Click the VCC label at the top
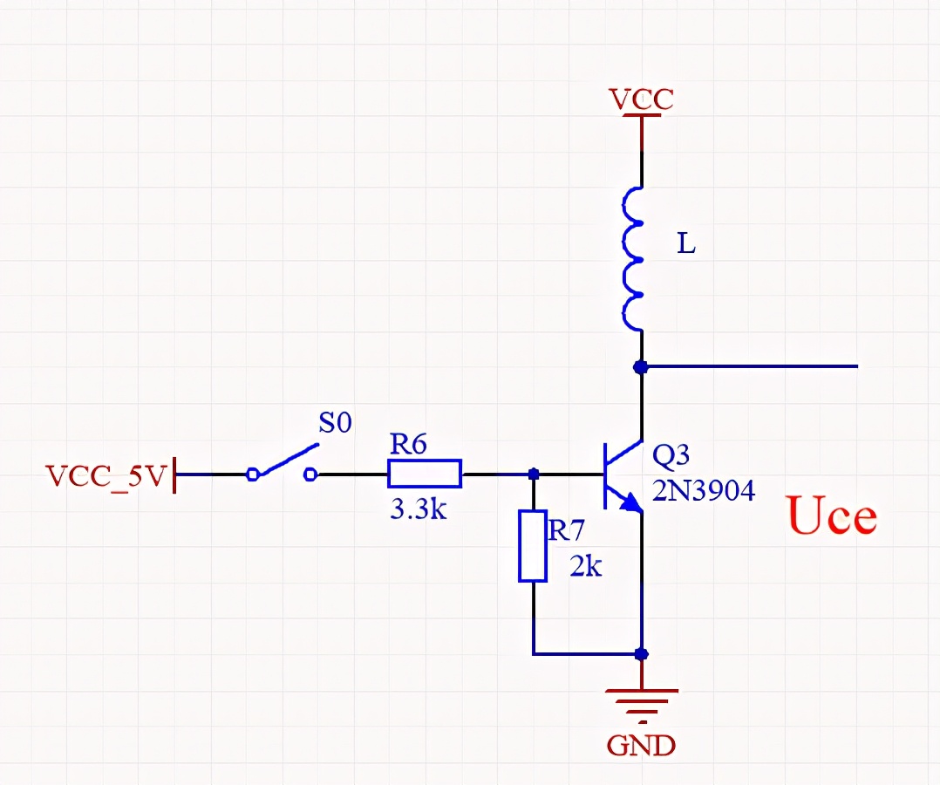tap(642, 99)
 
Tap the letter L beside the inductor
tap(687, 245)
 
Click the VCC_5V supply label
tap(106, 476)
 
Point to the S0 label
tap(335, 424)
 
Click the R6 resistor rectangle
tap(425, 474)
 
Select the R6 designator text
tap(408, 445)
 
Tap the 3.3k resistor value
tap(418, 509)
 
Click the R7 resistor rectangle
tap(532, 547)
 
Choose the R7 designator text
tap(566, 529)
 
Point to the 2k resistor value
tap(586, 567)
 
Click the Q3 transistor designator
tap(671, 455)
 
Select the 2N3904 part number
tap(703, 492)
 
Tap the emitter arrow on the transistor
tap(630, 502)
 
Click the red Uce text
tap(832, 516)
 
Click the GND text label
tap(642, 746)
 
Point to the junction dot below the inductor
tap(642, 367)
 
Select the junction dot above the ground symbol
tap(642, 653)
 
